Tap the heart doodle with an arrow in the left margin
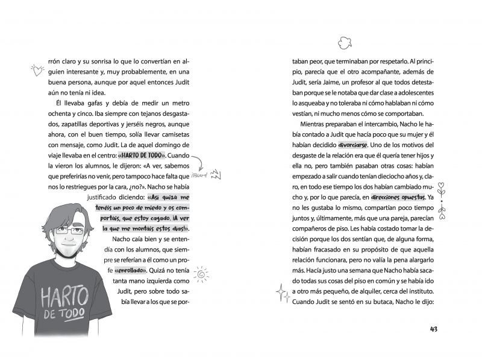(x=37, y=71)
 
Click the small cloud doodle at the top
(x=344, y=42)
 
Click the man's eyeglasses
(x=69, y=230)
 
